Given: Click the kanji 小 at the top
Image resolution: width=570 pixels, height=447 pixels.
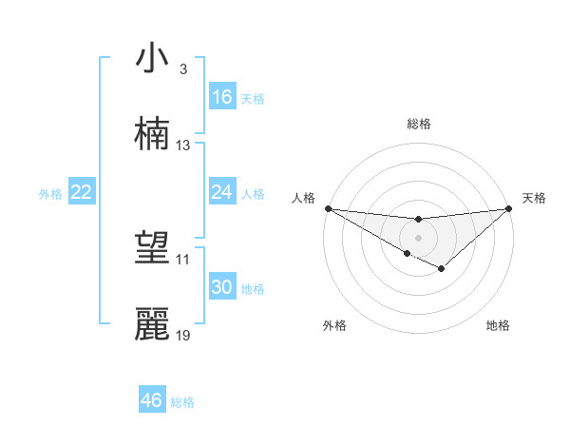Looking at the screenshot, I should click(152, 59).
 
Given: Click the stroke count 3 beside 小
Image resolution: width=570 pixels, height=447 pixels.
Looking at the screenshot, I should click(182, 69).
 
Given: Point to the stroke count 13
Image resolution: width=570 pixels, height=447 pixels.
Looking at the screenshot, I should click(183, 146).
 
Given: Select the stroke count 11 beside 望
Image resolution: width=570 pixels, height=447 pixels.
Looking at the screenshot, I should click(183, 259).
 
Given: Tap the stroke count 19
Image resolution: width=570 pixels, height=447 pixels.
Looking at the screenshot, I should click(183, 335).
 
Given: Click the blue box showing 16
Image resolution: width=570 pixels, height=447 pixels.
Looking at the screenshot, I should click(222, 97).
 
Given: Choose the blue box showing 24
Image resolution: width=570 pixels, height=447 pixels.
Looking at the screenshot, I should click(222, 192).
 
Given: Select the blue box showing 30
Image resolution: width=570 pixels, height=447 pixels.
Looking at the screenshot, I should click(222, 287).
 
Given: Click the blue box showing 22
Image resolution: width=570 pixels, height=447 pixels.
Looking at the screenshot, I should click(82, 192).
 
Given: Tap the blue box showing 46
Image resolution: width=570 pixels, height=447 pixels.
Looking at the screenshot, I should click(152, 400).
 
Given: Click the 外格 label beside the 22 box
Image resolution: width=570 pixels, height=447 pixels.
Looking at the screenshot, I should click(50, 194).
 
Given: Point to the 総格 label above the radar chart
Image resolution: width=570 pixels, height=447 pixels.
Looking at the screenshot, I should click(418, 124).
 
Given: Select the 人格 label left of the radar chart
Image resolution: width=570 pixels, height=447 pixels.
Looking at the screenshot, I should click(304, 198).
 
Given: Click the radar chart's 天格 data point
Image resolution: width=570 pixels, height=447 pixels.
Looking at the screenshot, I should click(509, 208).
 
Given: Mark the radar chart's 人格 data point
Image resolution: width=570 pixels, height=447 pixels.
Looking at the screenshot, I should click(328, 208).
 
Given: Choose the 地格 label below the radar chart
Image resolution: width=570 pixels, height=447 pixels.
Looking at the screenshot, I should click(498, 325).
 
